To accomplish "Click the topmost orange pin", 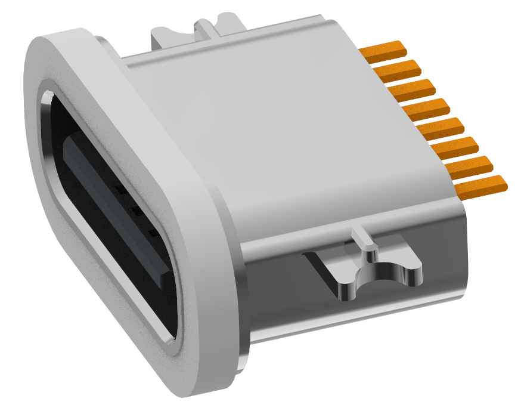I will [385, 52].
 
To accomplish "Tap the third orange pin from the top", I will [411, 90].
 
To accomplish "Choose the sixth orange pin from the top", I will [456, 147].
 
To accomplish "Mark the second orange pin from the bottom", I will [471, 166].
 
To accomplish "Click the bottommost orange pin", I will [482, 186].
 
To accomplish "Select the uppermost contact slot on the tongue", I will [121, 190].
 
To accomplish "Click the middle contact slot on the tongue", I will [137, 211].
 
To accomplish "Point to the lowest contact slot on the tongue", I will [154, 233].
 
